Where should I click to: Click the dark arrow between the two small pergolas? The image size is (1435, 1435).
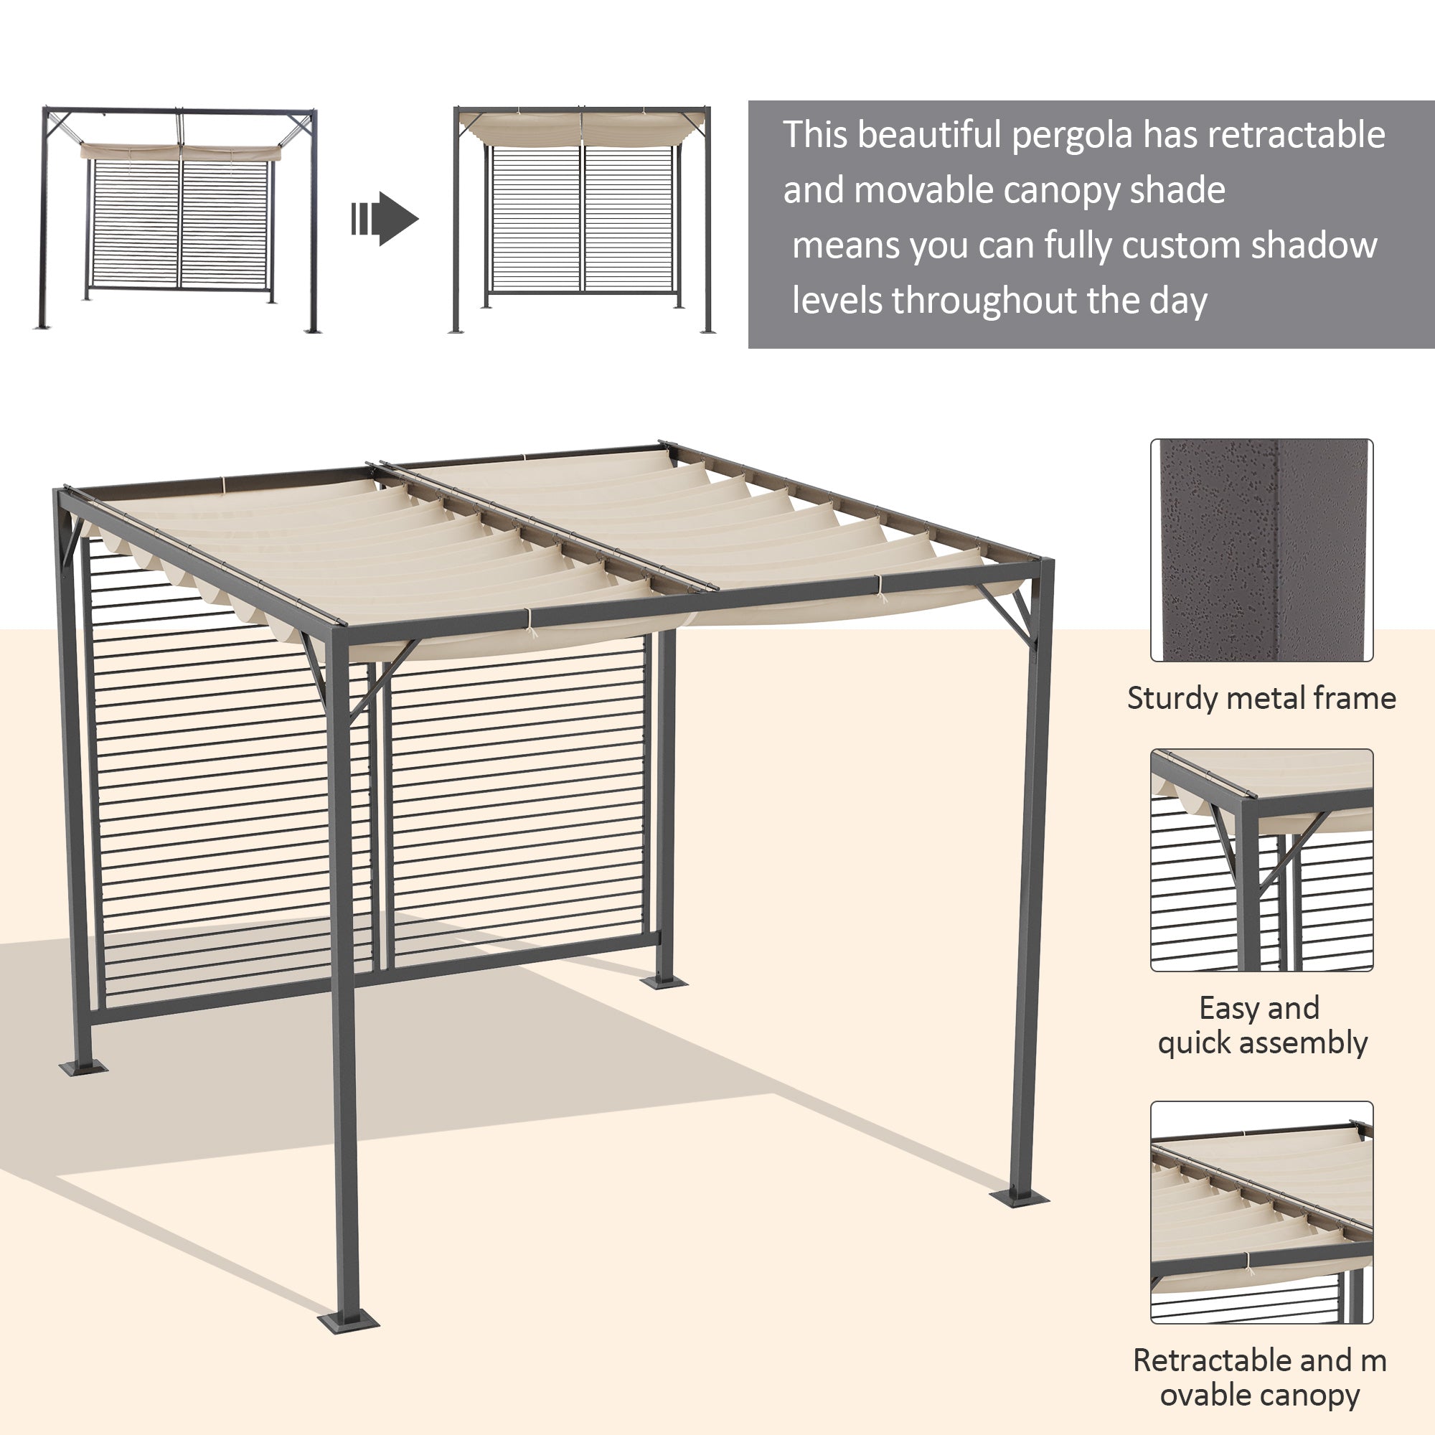click(x=386, y=218)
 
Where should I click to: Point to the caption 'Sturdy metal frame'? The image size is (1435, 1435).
click(x=1261, y=699)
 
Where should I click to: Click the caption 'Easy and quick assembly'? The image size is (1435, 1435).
click(x=1261, y=1026)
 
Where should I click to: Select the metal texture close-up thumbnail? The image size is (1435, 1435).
click(x=1261, y=550)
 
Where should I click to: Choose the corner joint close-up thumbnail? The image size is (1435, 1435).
click(x=1261, y=860)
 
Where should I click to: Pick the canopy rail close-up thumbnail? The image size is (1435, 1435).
click(x=1261, y=1212)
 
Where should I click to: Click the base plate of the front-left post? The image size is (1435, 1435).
click(x=347, y=1322)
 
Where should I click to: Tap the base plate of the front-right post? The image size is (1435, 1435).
click(x=1019, y=1197)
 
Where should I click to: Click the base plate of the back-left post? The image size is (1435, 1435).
click(x=83, y=1068)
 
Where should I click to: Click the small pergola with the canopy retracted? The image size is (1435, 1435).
click(x=179, y=219)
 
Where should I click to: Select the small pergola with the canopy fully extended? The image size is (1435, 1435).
click(x=582, y=219)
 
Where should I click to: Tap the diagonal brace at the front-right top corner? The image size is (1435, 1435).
click(x=1007, y=613)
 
